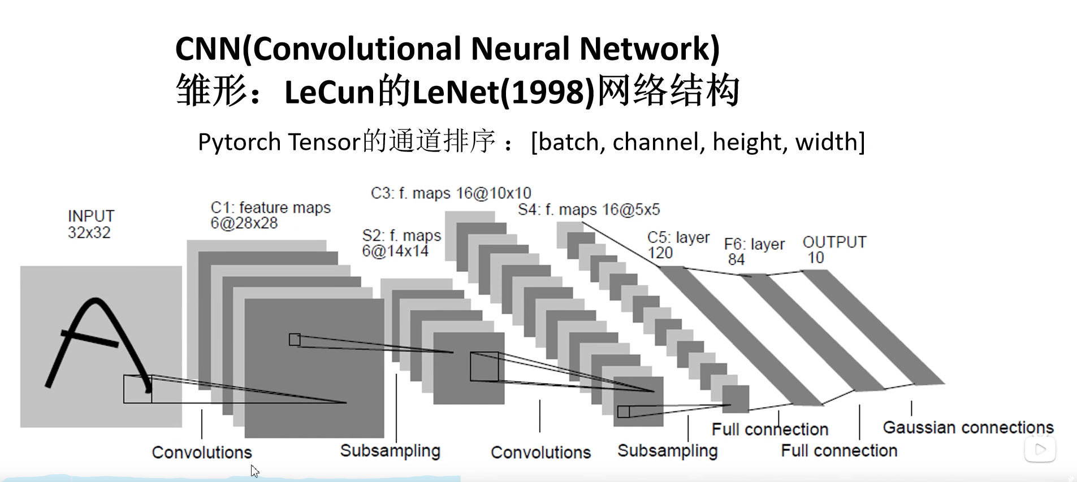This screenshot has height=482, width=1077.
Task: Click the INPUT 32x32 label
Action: pos(90,224)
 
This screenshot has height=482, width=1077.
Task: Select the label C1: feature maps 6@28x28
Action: pos(270,215)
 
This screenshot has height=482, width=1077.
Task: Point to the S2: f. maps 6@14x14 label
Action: pos(401,243)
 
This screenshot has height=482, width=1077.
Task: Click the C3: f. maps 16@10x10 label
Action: pos(451,193)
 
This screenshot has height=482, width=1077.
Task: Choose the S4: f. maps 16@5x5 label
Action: pos(589,210)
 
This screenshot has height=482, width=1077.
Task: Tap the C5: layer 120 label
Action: pos(678,245)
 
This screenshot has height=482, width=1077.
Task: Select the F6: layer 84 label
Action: pos(754,251)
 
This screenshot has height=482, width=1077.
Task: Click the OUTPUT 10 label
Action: pos(834,250)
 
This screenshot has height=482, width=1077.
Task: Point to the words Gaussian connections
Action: pos(968,427)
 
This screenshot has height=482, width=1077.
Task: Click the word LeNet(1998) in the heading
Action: pos(503,92)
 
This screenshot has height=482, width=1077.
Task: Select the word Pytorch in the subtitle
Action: pos(239,142)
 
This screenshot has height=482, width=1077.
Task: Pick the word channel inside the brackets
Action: pos(659,142)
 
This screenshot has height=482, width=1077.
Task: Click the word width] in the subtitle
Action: pos(830,142)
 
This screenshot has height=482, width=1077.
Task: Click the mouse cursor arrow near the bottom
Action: pos(254,471)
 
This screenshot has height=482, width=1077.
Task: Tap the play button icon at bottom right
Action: pos(1040,450)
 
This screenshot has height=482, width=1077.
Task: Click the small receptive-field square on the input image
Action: pos(137,389)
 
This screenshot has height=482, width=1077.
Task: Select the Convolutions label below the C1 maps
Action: pos(202,452)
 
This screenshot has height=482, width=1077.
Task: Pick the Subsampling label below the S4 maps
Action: pos(667,451)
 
